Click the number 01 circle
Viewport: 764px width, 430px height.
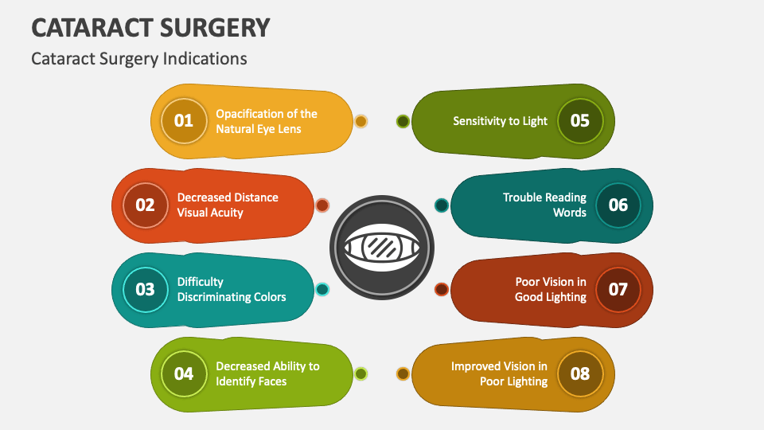pyautogui.click(x=184, y=121)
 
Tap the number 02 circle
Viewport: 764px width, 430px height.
pyautogui.click(x=145, y=205)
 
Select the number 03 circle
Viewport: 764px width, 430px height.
pyautogui.click(x=145, y=289)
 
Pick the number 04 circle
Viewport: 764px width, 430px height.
pyautogui.click(x=184, y=373)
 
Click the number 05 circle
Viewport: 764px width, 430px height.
pyautogui.click(x=580, y=121)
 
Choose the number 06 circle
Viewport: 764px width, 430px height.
pyautogui.click(x=618, y=205)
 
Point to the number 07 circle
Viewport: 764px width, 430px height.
pyautogui.click(x=618, y=289)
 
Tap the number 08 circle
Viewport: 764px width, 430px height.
pyautogui.click(x=580, y=373)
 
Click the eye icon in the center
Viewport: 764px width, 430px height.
pyautogui.click(x=382, y=247)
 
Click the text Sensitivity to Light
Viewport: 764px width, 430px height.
pyautogui.click(x=500, y=121)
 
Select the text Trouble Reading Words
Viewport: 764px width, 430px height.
pyautogui.click(x=544, y=205)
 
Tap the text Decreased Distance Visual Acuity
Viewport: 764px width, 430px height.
pyautogui.click(x=228, y=205)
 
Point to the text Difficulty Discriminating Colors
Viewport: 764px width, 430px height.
pyautogui.click(x=231, y=289)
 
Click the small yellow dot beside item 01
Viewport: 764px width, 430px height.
pyautogui.click(x=361, y=121)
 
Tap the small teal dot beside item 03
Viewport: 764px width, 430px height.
pyautogui.click(x=322, y=289)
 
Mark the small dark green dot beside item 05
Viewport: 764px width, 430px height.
pyautogui.click(x=403, y=121)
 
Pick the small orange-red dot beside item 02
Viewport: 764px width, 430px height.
pyautogui.click(x=322, y=205)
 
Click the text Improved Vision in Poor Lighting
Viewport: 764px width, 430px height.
pyautogui.click(x=499, y=373)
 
